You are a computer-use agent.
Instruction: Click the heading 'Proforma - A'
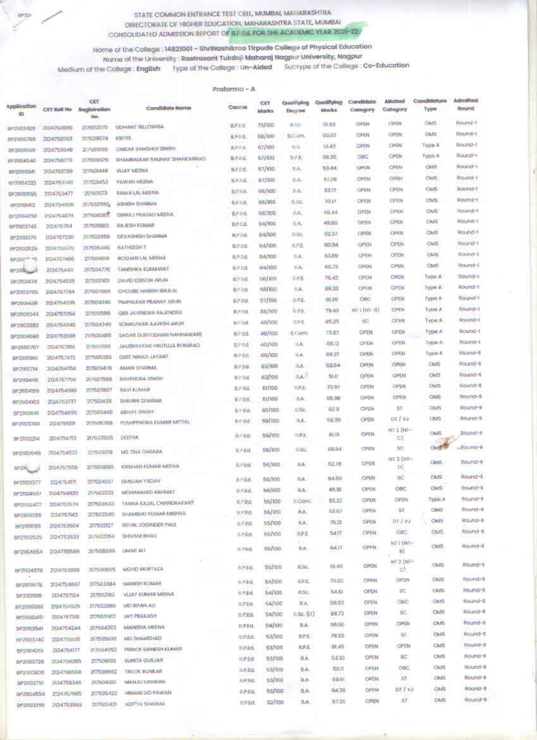234,89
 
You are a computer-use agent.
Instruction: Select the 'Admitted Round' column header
465,104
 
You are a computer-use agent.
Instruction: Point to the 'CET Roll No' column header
57,110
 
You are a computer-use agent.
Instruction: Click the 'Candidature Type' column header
430,104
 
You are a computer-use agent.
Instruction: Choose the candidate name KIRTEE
124,138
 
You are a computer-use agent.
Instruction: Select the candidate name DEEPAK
130,438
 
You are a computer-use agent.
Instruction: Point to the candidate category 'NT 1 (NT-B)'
365,310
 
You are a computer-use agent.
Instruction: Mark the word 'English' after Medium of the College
148,69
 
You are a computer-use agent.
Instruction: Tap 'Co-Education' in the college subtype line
386,66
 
